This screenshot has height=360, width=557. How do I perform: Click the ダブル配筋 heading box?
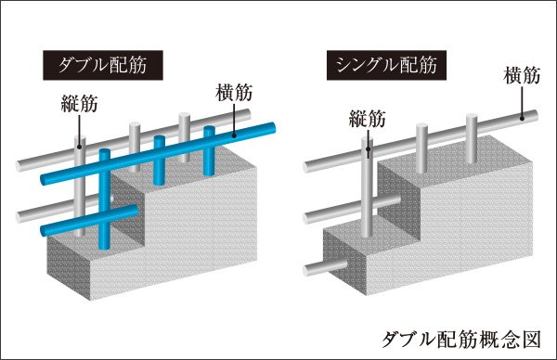(x=103, y=65)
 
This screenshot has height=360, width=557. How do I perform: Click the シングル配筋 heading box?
(x=386, y=66)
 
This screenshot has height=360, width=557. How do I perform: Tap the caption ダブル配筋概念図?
(x=461, y=339)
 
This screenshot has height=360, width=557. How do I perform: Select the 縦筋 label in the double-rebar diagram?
(x=79, y=104)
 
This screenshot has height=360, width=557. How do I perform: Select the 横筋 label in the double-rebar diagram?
(x=234, y=93)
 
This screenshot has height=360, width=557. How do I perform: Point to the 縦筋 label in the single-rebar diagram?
(x=368, y=118)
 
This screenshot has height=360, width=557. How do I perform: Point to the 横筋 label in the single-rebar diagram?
(x=522, y=75)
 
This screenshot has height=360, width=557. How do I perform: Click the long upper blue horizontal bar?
(x=158, y=153)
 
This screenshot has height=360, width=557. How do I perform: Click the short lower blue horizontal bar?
(x=89, y=220)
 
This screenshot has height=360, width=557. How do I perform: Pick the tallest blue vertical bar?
(x=104, y=199)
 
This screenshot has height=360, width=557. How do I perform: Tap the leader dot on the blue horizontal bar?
(x=234, y=135)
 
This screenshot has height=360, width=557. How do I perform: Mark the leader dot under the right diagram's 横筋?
(x=522, y=119)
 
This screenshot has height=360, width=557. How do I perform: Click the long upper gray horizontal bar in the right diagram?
(x=421, y=141)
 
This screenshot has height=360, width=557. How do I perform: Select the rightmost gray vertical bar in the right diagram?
(x=471, y=138)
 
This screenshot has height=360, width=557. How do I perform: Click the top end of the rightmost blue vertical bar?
(x=209, y=129)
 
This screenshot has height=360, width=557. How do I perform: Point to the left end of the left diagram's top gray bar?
(x=19, y=166)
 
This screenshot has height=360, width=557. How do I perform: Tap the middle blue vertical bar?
(x=159, y=161)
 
